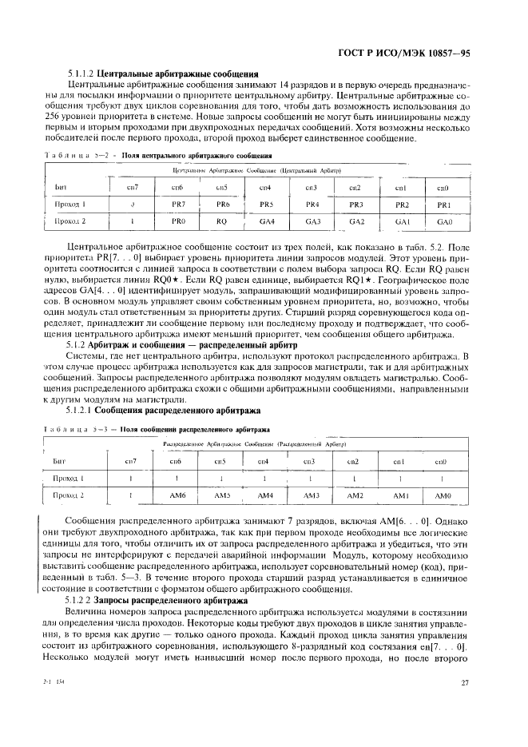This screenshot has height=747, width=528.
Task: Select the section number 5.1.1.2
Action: (81, 72)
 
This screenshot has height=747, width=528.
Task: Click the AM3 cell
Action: (309, 495)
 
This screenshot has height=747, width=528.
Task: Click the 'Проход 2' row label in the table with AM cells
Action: (69, 495)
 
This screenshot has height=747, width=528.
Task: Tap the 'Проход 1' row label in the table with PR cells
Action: (71, 205)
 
